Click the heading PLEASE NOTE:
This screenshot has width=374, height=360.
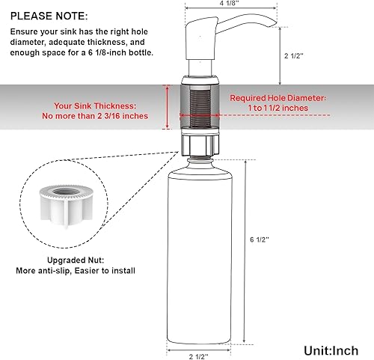pos(49,15)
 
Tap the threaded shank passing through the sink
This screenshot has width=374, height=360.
pos(198,105)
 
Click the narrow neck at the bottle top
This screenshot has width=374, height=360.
pos(199,155)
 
